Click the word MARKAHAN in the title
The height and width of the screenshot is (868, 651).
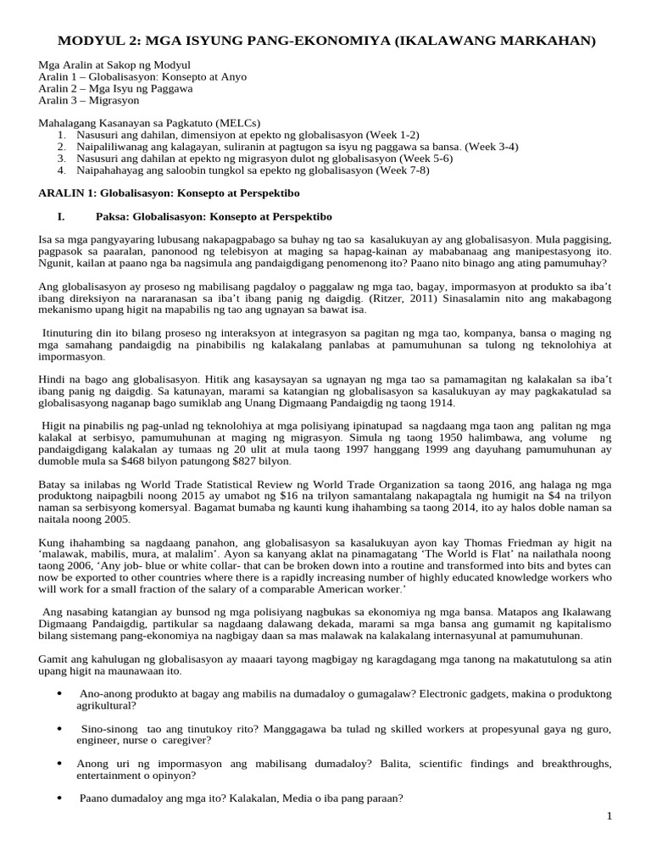click(538, 41)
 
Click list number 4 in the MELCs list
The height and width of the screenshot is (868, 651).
click(62, 170)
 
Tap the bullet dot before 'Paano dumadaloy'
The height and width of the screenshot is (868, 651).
click(59, 798)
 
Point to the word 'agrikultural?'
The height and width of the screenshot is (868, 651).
click(108, 705)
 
